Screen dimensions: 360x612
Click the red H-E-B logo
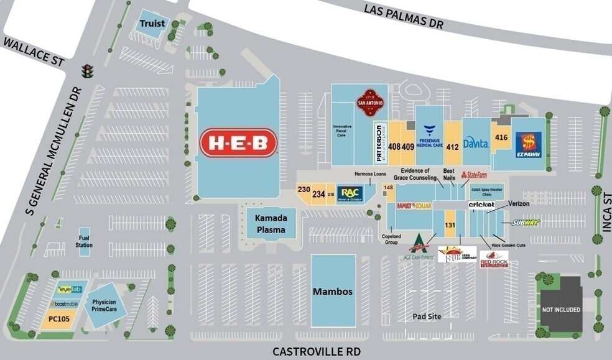[x=238, y=144]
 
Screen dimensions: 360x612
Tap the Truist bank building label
[x=152, y=24]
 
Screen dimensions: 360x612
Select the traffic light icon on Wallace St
[x=88, y=71]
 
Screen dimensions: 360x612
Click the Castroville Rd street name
[x=317, y=351]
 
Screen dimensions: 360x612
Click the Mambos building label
[x=333, y=291]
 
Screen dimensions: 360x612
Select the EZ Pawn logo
[x=528, y=145]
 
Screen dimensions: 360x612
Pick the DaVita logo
[x=476, y=142]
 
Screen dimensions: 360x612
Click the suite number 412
[x=452, y=147]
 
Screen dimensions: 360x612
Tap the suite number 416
[x=501, y=137]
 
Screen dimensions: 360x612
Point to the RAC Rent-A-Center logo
[x=349, y=193]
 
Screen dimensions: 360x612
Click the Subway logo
[x=526, y=223]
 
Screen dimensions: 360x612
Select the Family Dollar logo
[x=414, y=206]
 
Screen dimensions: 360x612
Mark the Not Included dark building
[x=560, y=309]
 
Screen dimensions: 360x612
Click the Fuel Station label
[x=85, y=241]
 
